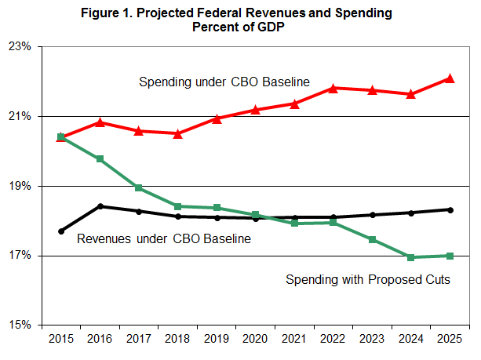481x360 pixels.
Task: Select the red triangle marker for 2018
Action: tap(178, 133)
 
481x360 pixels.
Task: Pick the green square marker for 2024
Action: tap(411, 257)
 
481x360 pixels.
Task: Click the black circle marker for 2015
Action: tap(61, 231)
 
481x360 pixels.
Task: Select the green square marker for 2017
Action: tap(139, 188)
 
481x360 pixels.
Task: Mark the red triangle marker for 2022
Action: tap(333, 88)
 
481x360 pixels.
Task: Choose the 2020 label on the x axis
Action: tap(256, 340)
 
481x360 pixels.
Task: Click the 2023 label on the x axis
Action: tap(372, 340)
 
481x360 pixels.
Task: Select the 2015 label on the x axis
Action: tap(61, 340)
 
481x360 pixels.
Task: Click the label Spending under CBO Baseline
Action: tap(225, 82)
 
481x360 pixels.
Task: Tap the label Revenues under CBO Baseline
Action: tap(164, 238)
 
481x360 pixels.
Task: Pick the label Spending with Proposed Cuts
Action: tap(367, 278)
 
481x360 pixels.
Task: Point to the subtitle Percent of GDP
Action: tap(240, 27)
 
